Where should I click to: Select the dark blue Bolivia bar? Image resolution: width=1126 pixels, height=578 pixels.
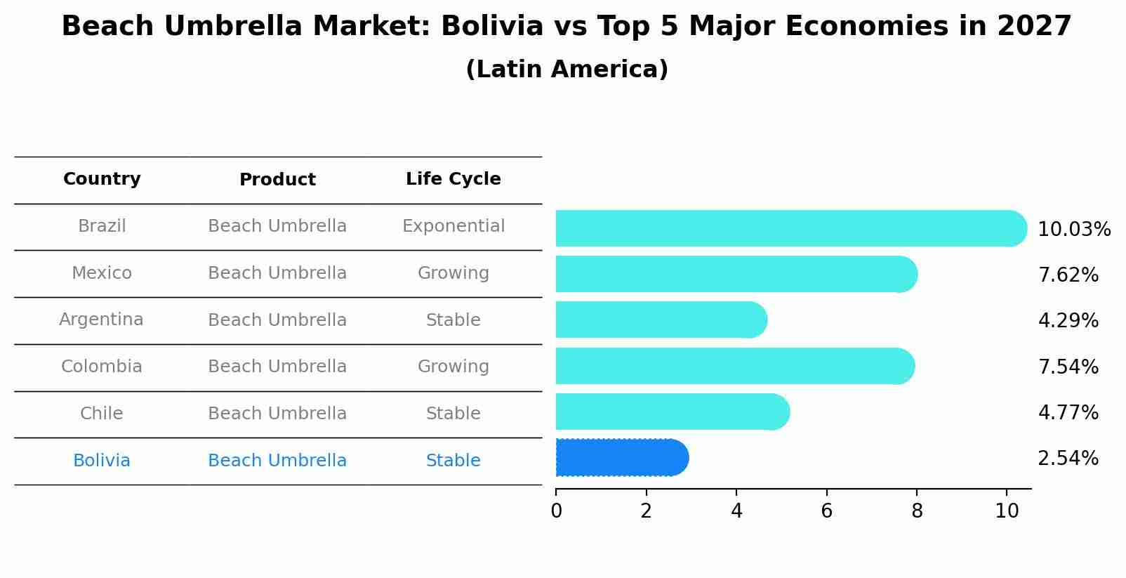621,458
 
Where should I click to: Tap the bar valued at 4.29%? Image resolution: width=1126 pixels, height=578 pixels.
660,320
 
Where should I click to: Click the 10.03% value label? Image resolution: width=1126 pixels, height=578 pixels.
1073,230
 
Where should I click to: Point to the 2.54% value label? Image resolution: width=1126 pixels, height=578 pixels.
1068,459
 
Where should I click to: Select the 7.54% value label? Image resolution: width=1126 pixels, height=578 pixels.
1068,367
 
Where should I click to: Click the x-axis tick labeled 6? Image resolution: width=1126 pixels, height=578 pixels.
826,511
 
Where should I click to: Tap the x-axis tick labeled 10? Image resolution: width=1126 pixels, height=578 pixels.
1007,511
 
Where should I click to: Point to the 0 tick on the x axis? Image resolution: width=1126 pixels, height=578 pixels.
556,511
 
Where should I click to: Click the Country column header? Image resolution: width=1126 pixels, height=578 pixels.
102,179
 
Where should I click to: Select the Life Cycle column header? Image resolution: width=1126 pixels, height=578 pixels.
453,179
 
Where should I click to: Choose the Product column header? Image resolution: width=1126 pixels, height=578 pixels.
277,180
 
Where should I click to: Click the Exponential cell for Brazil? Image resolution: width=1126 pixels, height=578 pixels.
453,226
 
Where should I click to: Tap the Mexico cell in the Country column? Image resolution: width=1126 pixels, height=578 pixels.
102,273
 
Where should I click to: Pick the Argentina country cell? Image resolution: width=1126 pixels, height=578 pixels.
101,320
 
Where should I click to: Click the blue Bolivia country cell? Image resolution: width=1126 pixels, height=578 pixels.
102,461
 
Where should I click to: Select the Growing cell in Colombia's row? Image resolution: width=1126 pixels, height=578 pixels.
453,367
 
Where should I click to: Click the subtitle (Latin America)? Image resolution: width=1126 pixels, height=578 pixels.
567,70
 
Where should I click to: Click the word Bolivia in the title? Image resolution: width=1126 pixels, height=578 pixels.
491,27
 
